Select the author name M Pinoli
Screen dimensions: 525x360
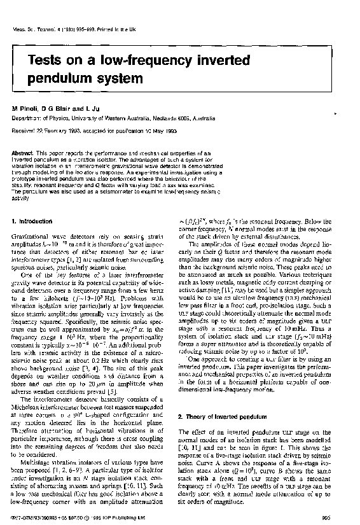coord(25,110)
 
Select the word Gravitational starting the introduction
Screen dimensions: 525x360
coord(28,235)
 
